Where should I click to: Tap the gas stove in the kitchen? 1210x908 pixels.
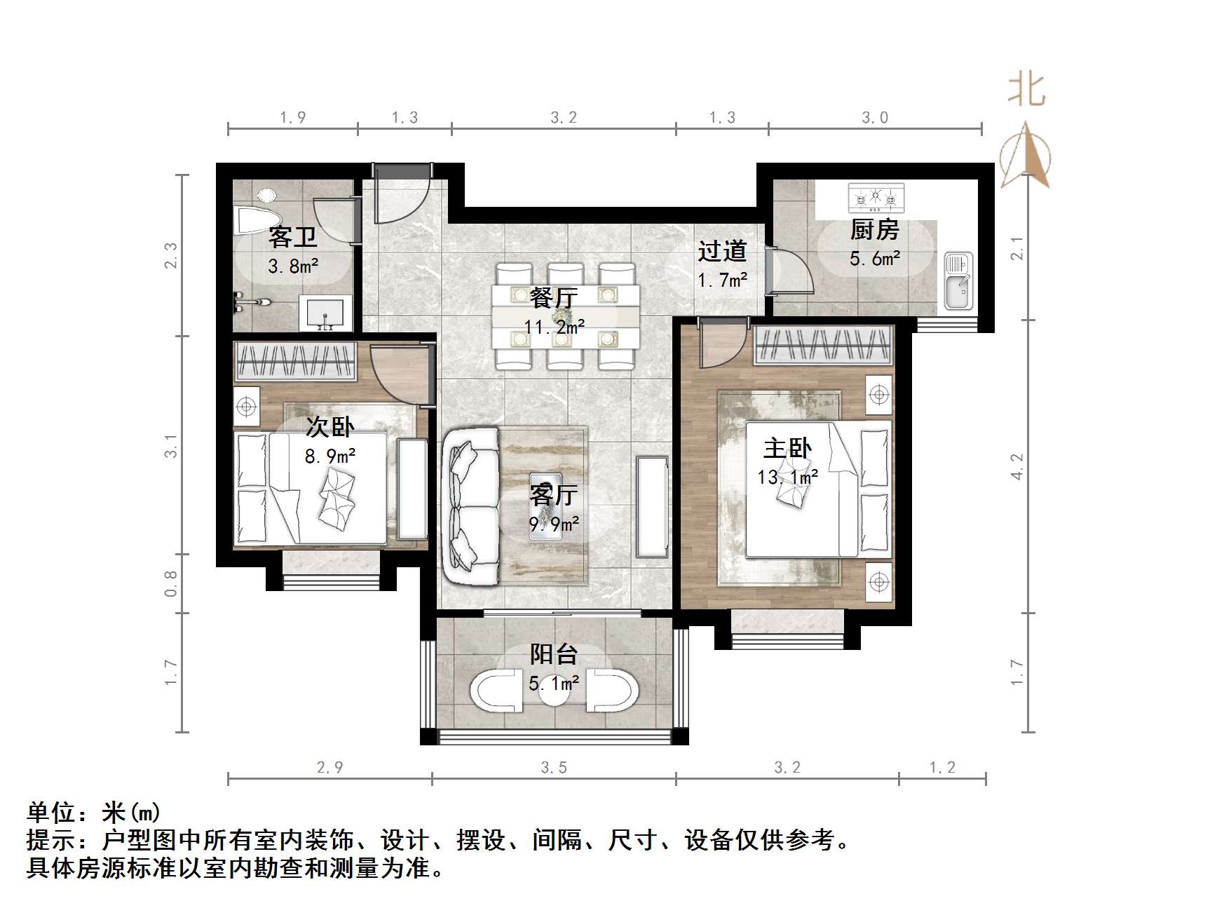876,199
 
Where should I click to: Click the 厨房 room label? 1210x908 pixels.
874,229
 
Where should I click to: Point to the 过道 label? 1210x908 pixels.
722,251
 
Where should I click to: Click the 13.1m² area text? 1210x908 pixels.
787,477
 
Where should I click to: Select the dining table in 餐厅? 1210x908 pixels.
566,316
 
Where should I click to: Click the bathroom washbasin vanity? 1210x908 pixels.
325,313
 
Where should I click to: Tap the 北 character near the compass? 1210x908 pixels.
1026,90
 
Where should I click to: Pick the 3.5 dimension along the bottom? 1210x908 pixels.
554,768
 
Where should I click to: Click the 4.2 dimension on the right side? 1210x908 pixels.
1017,466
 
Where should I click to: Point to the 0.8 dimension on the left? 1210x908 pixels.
171,583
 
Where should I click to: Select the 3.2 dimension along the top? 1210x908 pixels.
564,118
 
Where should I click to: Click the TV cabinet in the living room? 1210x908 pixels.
652,506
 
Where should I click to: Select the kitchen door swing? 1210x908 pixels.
791,271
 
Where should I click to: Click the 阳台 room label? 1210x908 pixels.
553,654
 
